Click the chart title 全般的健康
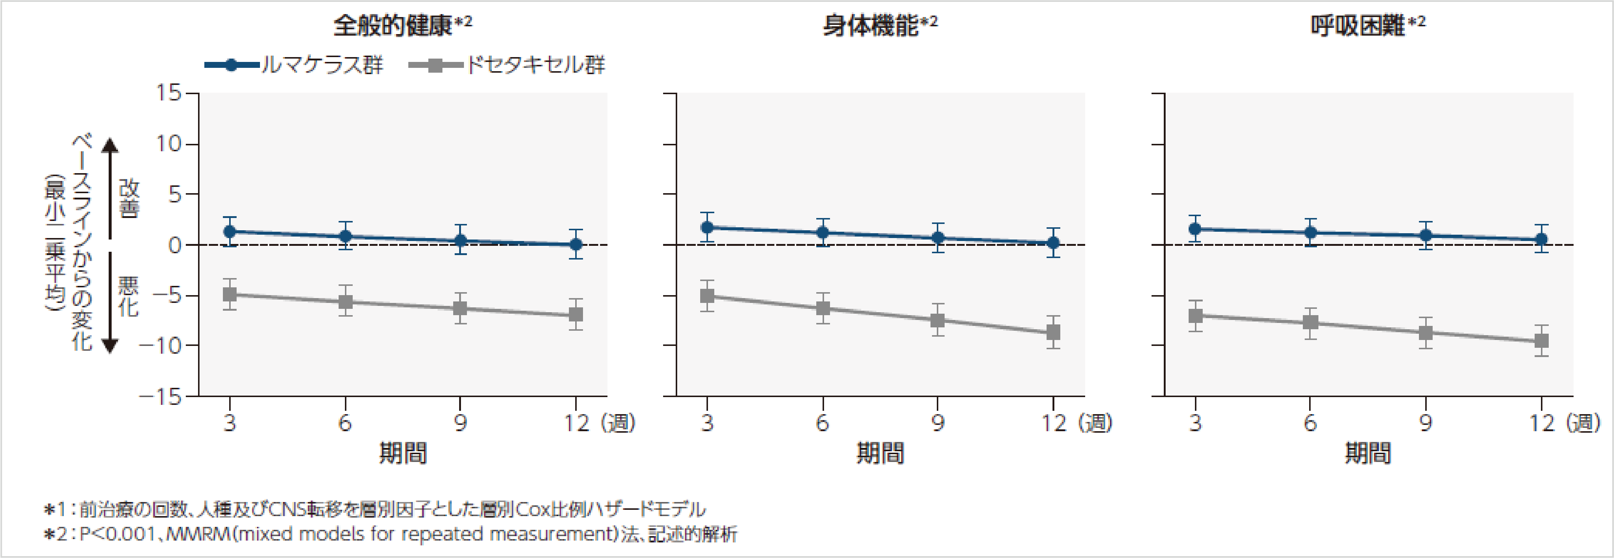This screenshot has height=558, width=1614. point(392,26)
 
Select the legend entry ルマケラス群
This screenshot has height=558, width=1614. point(321,65)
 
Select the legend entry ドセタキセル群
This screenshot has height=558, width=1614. point(534,65)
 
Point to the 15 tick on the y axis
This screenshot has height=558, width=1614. point(169,93)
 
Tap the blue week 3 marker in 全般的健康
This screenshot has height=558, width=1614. point(230,232)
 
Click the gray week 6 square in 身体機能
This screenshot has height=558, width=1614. point(823,308)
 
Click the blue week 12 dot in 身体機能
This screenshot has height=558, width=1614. point(1053,243)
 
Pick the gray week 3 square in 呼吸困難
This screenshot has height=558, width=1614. point(1195,316)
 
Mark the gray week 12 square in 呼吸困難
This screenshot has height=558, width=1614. point(1541,341)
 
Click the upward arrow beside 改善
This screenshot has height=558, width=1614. point(110,188)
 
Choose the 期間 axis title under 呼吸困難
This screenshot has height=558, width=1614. point(1368,453)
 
